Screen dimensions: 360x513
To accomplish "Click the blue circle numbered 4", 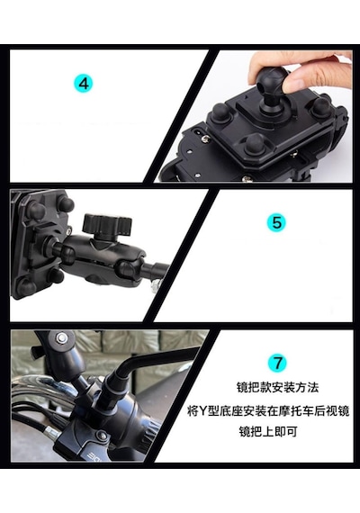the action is coord(84,83).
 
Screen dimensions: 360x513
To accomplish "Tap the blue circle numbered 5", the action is coord(276,222).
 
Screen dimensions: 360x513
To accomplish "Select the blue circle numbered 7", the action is coord(278,363).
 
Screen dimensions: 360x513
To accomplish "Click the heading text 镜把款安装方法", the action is coord(277,388).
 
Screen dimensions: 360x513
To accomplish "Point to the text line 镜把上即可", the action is coord(267,432).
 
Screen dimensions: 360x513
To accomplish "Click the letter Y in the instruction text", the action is coord(204,411).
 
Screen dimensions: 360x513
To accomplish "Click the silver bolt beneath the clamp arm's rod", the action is coord(155,285).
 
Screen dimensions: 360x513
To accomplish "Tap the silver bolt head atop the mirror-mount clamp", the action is coord(61,338).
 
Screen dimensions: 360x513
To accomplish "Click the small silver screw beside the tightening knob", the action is coord(69,231).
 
